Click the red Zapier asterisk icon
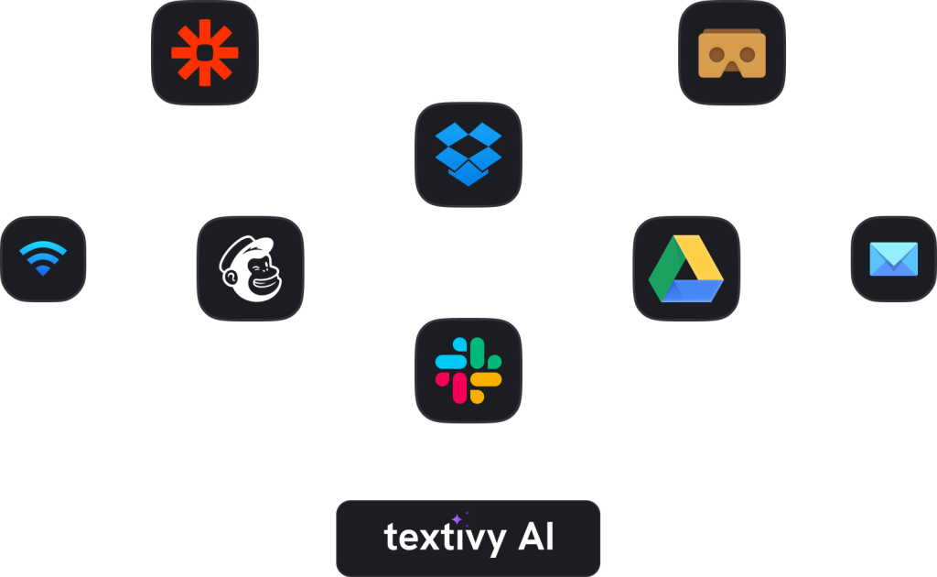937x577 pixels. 205,52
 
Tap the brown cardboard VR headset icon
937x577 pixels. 732,53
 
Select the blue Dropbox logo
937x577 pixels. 468,154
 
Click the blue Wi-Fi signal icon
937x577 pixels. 43,258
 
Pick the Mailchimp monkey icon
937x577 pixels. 251,268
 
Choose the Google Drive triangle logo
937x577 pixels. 686,268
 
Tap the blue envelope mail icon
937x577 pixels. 893,259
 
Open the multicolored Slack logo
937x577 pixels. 468,370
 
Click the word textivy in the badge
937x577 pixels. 446,538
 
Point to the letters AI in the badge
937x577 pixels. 536,537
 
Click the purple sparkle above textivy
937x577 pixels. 458,519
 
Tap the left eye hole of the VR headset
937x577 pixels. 716,54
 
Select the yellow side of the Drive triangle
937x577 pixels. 699,257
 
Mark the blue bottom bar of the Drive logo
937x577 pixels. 692,291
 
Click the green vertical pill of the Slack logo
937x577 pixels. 477,353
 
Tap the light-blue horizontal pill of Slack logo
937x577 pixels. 450,362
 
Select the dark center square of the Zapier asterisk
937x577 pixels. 205,52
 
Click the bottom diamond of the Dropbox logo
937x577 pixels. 468,176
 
